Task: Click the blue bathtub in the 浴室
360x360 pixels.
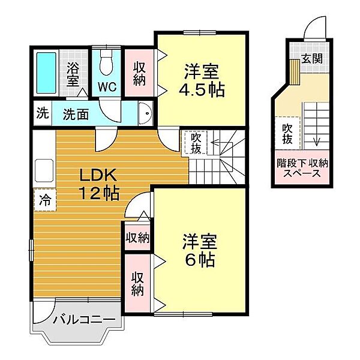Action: (x=46, y=73)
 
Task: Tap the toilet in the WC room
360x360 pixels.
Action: (x=106, y=62)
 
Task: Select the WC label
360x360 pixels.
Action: (x=107, y=87)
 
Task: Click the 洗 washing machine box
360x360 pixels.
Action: (x=43, y=113)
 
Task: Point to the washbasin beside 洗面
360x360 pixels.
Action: (x=145, y=113)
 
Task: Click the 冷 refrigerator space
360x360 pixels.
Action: (x=45, y=199)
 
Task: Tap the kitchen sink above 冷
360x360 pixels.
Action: (x=44, y=170)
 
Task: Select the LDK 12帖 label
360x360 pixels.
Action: (x=99, y=184)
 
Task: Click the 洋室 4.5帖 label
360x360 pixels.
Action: (x=202, y=80)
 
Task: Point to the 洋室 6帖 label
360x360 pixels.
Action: (x=200, y=250)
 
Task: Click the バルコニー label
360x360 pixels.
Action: (x=84, y=319)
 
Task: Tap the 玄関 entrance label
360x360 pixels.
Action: (x=312, y=59)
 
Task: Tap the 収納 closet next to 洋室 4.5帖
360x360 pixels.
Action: (x=139, y=74)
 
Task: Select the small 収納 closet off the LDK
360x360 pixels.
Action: (x=137, y=238)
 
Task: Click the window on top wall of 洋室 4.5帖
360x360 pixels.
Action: (x=200, y=32)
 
